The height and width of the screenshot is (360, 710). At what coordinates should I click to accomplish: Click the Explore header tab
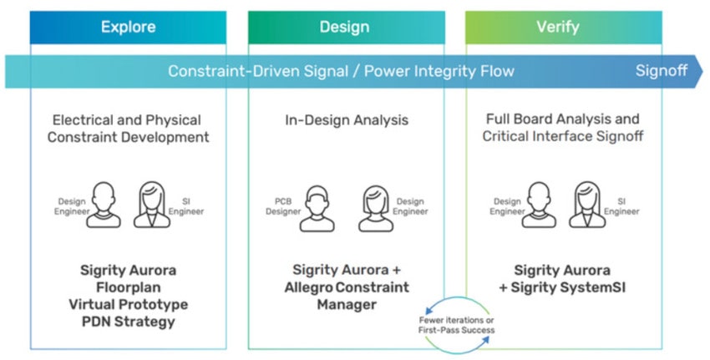(x=128, y=28)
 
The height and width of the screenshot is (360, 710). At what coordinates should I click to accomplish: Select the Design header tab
(x=344, y=28)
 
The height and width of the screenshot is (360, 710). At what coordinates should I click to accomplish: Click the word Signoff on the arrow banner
(x=661, y=71)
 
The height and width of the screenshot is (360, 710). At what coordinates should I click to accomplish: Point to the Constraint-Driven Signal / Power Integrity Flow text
(x=341, y=71)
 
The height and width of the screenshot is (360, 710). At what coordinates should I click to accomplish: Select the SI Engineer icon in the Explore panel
(x=155, y=205)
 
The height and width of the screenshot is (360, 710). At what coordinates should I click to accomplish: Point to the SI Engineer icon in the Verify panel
(x=588, y=205)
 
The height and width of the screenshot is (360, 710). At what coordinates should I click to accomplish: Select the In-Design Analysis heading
(x=346, y=120)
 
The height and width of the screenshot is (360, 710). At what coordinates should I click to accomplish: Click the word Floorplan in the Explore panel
(x=128, y=286)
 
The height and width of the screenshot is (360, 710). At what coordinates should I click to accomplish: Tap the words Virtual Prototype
(x=128, y=303)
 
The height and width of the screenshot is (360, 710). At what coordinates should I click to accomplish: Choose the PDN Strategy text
(x=128, y=321)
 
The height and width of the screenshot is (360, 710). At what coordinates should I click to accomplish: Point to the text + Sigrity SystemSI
(x=561, y=286)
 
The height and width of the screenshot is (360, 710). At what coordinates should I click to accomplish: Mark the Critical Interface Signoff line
(x=563, y=136)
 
